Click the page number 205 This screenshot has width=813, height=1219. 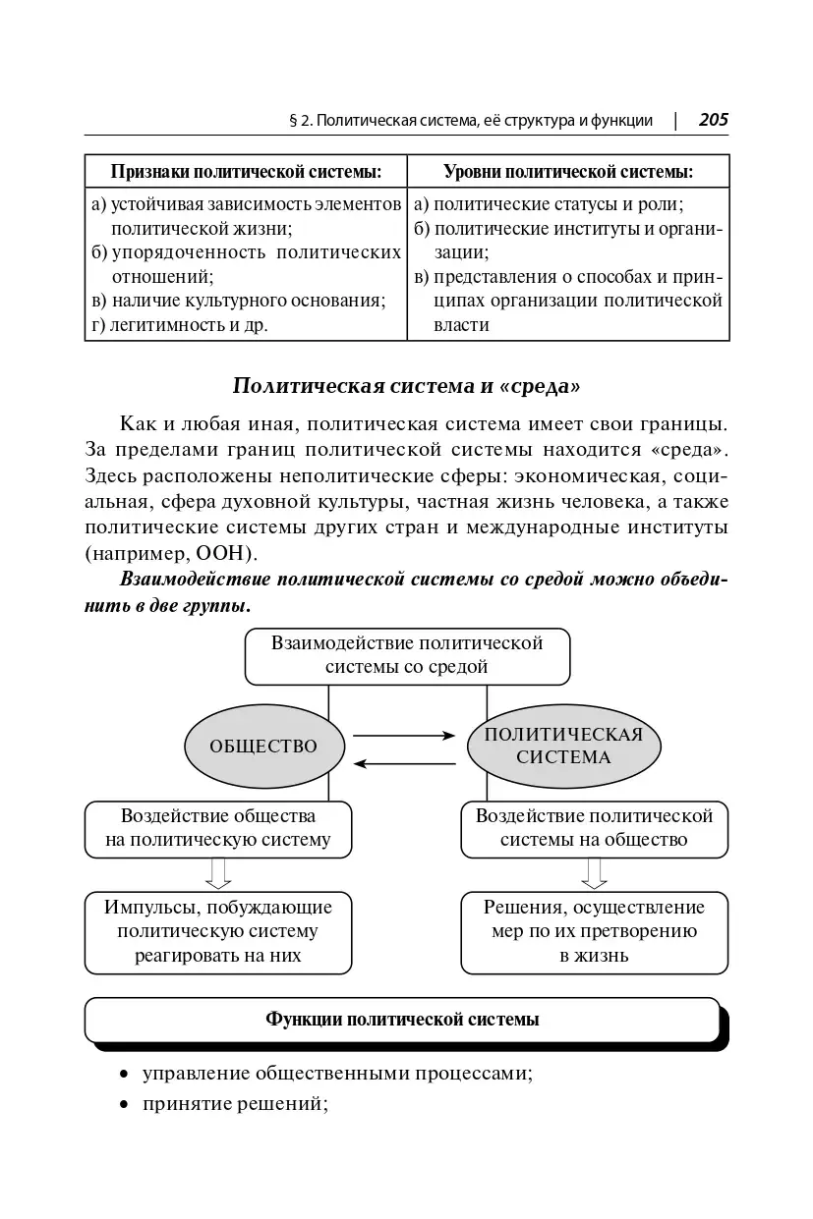(713, 120)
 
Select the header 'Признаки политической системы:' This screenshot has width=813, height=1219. (246, 172)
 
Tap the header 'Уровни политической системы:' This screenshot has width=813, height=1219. (568, 172)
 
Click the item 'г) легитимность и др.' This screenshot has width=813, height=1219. (179, 325)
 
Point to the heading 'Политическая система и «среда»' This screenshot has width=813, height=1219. (406, 385)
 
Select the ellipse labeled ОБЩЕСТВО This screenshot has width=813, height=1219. (263, 747)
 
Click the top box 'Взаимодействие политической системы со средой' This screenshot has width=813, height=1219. (407, 656)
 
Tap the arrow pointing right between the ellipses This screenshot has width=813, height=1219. (405, 735)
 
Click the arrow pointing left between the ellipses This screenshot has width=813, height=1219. (405, 762)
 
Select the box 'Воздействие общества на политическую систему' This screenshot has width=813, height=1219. (218, 828)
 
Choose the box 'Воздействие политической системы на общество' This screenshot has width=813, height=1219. (594, 828)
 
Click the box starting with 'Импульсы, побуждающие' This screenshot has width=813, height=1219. (218, 931)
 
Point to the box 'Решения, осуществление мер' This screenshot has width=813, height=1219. (594, 931)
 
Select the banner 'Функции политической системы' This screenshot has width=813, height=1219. (403, 1020)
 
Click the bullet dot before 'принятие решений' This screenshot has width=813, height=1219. (125, 1106)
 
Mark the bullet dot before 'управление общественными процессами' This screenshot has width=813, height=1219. (125, 1075)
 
